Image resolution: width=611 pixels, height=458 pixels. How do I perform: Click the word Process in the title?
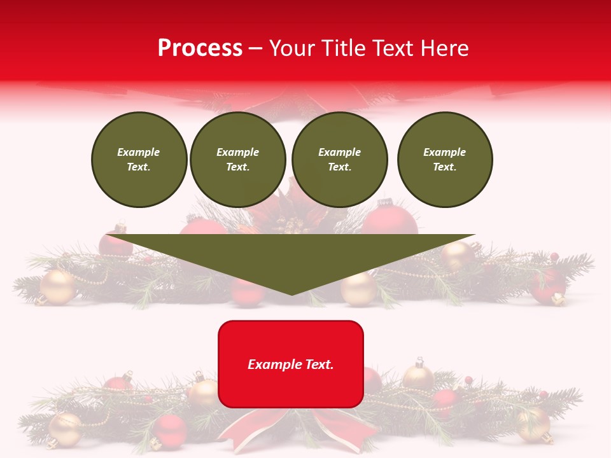tap(200, 48)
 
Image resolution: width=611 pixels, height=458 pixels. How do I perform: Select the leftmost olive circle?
tap(139, 160)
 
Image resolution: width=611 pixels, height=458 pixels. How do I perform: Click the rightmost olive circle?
tap(445, 160)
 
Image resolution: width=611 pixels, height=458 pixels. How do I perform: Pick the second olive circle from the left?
tap(238, 160)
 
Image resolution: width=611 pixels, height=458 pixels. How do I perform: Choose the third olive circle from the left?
tap(340, 160)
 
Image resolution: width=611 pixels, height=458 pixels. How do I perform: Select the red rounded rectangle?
tap(291, 364)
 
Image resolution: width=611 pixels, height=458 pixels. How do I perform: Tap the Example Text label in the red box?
tap(291, 364)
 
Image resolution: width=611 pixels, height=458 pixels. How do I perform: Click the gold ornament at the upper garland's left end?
tap(58, 287)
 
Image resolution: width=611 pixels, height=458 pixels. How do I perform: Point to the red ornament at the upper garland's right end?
tap(548, 284)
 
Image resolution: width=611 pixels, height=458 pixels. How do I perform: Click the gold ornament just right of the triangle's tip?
tap(359, 289)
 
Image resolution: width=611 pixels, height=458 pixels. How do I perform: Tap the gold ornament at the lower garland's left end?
tap(65, 430)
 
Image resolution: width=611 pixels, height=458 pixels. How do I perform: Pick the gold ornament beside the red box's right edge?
tap(418, 377)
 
